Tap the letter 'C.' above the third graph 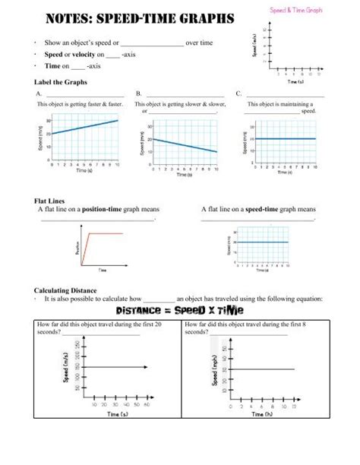click(239, 93)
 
